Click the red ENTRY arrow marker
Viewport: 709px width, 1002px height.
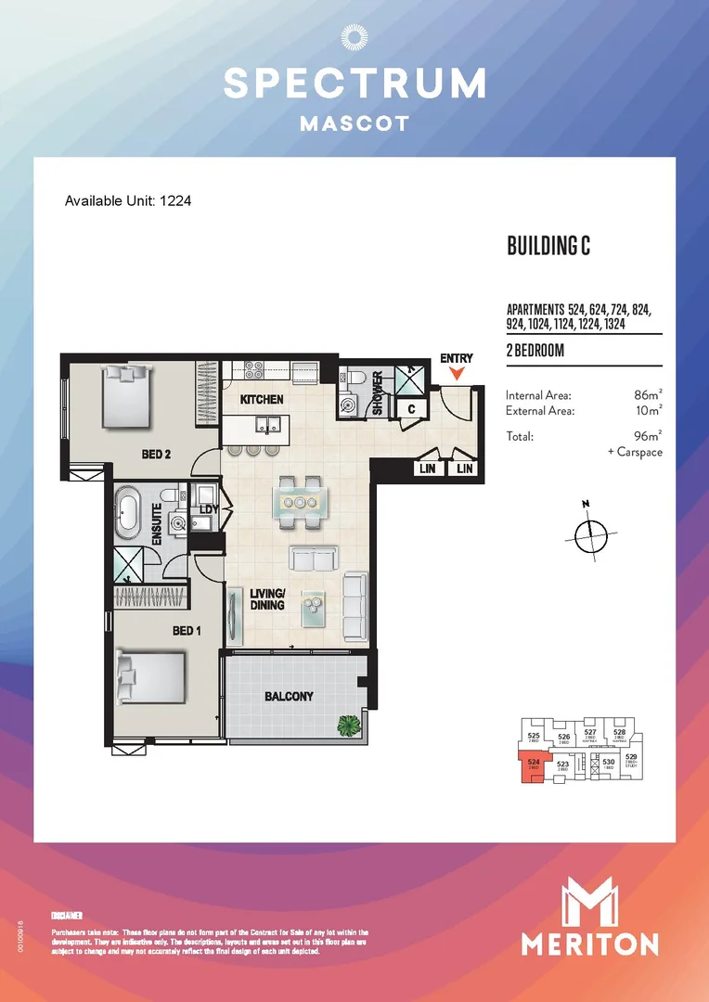click(457, 374)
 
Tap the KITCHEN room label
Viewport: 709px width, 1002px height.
click(262, 400)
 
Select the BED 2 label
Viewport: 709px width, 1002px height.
click(157, 455)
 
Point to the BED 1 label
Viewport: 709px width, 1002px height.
click(187, 630)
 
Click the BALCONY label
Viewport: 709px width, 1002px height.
click(288, 696)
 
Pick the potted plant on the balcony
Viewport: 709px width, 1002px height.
click(349, 725)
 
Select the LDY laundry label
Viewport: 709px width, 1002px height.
click(208, 508)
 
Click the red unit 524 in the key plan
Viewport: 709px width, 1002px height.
click(532, 767)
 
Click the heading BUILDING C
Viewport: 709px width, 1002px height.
click(548, 246)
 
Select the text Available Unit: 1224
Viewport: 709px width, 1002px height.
click(128, 200)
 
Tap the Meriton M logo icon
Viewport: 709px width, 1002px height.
click(589, 904)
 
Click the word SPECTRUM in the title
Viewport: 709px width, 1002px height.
click(354, 83)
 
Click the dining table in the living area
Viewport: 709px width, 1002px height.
click(301, 501)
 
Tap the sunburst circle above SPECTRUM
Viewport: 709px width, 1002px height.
click(354, 37)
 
